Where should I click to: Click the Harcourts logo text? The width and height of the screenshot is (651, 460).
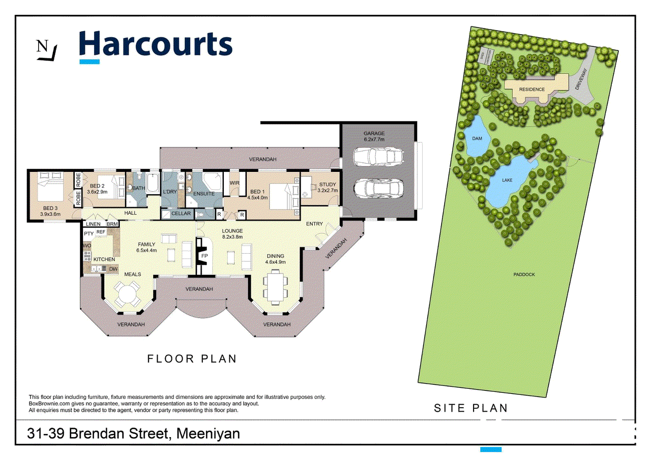click(156, 44)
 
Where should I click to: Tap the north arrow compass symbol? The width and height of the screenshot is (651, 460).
click(46, 50)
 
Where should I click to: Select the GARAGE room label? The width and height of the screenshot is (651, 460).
click(374, 133)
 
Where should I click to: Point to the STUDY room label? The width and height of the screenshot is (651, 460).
click(327, 185)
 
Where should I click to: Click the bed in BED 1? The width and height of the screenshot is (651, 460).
click(280, 196)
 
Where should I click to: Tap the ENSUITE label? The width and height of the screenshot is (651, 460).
click(204, 194)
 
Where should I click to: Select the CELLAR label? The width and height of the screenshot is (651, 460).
click(181, 214)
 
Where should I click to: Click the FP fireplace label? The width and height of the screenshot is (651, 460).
click(204, 256)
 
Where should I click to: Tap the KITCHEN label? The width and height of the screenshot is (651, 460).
click(104, 259)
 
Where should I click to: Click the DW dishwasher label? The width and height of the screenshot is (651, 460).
click(113, 268)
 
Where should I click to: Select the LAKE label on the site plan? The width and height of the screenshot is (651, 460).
click(507, 180)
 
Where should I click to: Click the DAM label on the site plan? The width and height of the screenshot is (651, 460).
click(477, 138)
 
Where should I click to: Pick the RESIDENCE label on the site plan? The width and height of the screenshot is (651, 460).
click(531, 89)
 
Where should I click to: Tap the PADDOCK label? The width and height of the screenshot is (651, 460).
click(524, 274)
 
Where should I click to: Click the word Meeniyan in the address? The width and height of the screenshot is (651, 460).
click(209, 434)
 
